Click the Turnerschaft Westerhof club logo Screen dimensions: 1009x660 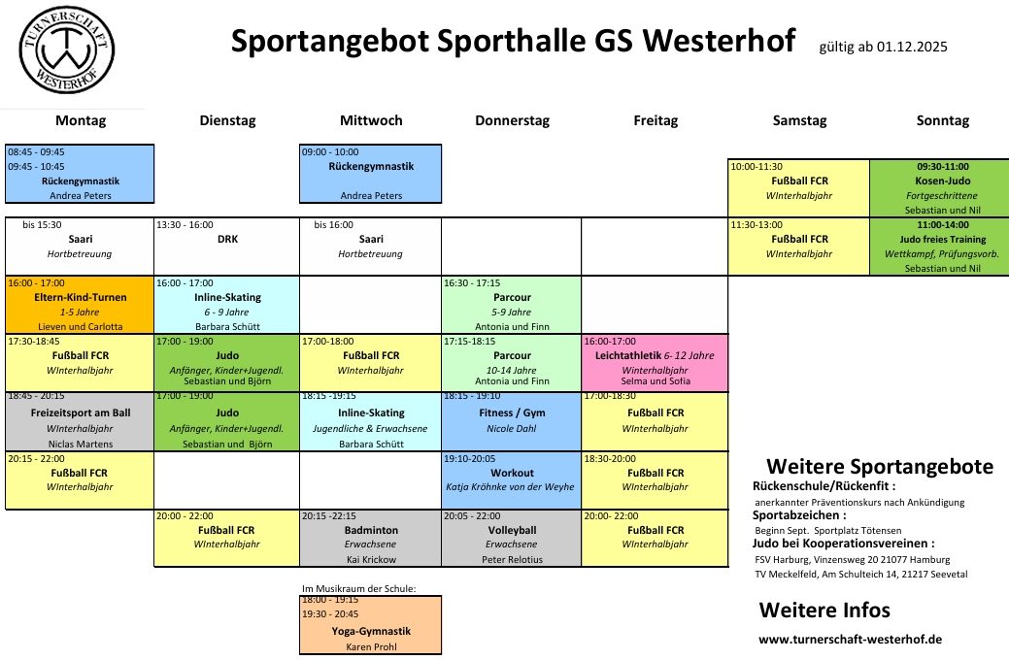tap(67, 50)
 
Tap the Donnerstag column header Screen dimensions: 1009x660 tap(512, 120)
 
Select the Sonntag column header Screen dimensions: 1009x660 tap(943, 120)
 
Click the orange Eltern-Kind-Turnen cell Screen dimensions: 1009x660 tap(80, 305)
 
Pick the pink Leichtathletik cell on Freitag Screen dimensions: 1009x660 tap(656, 363)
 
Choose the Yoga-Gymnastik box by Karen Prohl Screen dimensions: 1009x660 tap(371, 625)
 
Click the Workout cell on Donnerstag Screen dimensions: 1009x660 tap(512, 479)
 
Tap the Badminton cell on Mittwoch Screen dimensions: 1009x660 tap(371, 538)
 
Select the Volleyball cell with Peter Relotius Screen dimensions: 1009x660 tap(512, 538)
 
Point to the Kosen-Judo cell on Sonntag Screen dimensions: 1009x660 tap(939, 188)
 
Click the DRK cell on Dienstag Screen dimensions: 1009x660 tap(227, 247)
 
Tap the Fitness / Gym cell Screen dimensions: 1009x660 tap(512, 421)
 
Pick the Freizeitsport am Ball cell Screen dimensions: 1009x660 tap(80, 421)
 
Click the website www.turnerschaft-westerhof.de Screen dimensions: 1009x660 tap(850, 640)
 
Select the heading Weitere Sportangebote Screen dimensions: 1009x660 tap(880, 467)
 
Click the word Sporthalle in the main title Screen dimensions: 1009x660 tap(512, 41)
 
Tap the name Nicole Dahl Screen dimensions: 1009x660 tap(512, 428)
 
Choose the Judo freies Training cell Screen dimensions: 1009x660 tap(939, 247)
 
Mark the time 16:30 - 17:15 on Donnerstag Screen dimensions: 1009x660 tap(472, 283)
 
